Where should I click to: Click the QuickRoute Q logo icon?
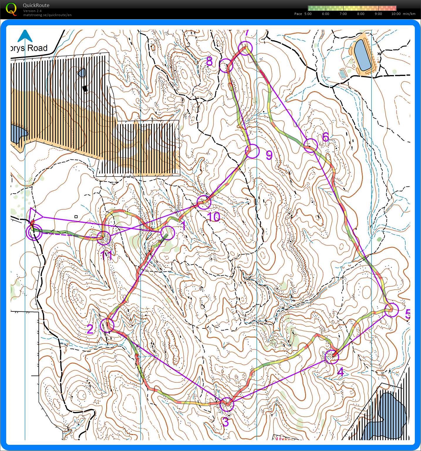(x=11, y=9)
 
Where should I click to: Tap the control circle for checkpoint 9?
(x=252, y=151)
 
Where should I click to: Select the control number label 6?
(x=325, y=137)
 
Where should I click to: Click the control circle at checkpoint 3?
(x=227, y=404)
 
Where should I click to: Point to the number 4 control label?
(x=340, y=372)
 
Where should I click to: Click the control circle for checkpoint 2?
(x=107, y=325)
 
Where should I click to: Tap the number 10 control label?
(x=214, y=217)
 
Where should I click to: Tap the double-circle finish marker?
(x=33, y=233)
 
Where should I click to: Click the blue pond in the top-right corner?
(x=363, y=55)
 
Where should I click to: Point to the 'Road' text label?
(x=37, y=48)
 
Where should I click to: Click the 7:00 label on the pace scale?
(x=343, y=14)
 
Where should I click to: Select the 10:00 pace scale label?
(x=396, y=14)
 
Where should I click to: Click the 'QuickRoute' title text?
(x=36, y=5)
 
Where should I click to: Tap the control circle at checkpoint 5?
(x=391, y=310)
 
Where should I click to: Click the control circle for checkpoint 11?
(x=104, y=238)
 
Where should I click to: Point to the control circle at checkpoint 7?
(x=245, y=48)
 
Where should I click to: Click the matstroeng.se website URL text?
(x=47, y=15)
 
